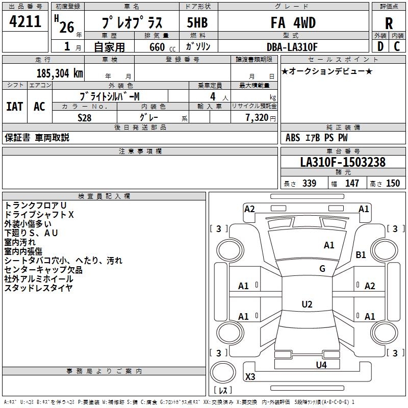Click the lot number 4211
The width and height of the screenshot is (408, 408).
click(25, 22)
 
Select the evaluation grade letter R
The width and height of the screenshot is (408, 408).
click(389, 23)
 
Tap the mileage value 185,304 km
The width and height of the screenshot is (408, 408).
click(59, 73)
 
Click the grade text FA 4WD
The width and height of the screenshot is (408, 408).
click(293, 22)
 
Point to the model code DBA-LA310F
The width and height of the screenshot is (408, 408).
click(292, 47)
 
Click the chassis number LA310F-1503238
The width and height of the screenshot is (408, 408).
click(343, 163)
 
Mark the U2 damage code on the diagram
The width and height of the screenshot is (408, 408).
click(307, 304)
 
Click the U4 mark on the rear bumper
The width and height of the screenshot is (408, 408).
click(321, 365)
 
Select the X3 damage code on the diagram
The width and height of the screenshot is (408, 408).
click(250, 377)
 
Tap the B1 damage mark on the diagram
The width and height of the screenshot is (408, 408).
click(361, 255)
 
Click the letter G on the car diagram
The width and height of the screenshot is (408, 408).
click(322, 269)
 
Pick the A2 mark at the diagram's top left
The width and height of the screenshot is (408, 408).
click(249, 209)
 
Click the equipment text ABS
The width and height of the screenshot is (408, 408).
click(293, 138)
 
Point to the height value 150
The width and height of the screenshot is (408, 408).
click(393, 184)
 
